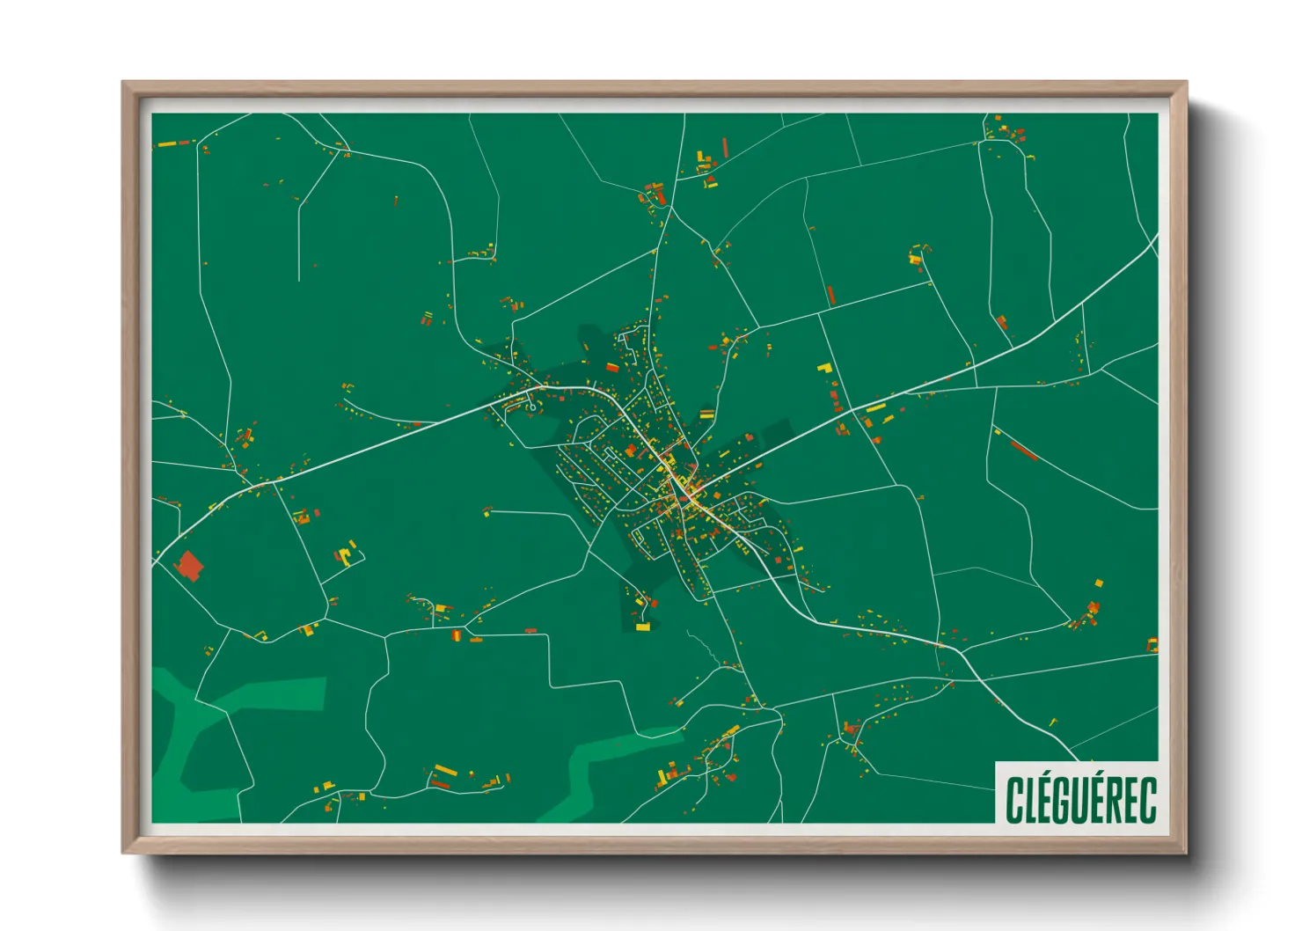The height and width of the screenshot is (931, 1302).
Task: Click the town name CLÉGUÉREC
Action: click(1080, 799)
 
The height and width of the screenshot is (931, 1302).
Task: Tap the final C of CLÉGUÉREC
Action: click(1147, 799)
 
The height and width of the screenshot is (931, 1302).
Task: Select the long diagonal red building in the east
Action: click(1023, 450)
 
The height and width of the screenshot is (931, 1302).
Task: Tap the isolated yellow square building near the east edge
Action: click(1099, 583)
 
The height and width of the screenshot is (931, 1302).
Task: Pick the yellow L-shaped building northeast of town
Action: click(824, 368)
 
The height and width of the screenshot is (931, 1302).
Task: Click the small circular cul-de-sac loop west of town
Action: click(532, 407)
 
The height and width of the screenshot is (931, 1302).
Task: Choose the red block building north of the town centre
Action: click(611, 367)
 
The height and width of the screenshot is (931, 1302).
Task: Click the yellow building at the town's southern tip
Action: click(643, 627)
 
